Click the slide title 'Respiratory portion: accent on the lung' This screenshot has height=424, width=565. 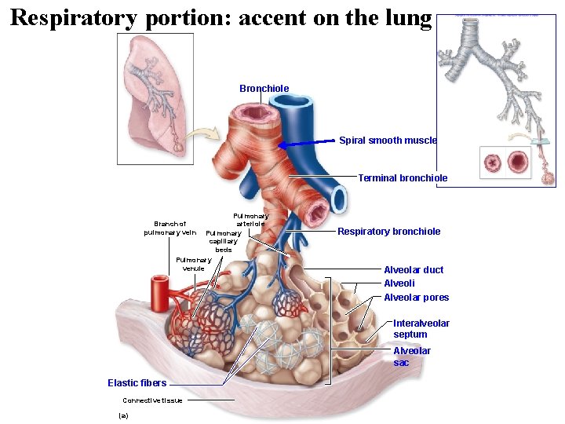[x=221, y=17]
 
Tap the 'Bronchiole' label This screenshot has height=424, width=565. [x=264, y=89]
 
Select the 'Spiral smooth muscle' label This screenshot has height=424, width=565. [x=388, y=141]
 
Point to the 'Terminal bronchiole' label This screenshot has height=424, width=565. [x=403, y=178]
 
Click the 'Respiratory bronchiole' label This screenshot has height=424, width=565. [x=388, y=232]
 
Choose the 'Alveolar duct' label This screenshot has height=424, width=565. [x=413, y=270]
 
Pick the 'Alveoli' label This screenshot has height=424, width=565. [x=399, y=283]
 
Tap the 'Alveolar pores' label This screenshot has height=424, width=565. [x=416, y=298]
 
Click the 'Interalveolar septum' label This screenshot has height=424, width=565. [x=421, y=329]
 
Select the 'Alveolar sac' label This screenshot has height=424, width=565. [x=411, y=356]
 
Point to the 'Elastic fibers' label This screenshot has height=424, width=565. [x=137, y=383]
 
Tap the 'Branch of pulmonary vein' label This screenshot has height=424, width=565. [x=169, y=228]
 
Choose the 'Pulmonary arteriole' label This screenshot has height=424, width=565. [x=250, y=220]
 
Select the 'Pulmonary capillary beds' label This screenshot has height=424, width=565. [x=223, y=242]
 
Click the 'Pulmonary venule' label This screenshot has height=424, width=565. [x=193, y=264]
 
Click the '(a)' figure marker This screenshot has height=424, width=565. [x=122, y=415]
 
